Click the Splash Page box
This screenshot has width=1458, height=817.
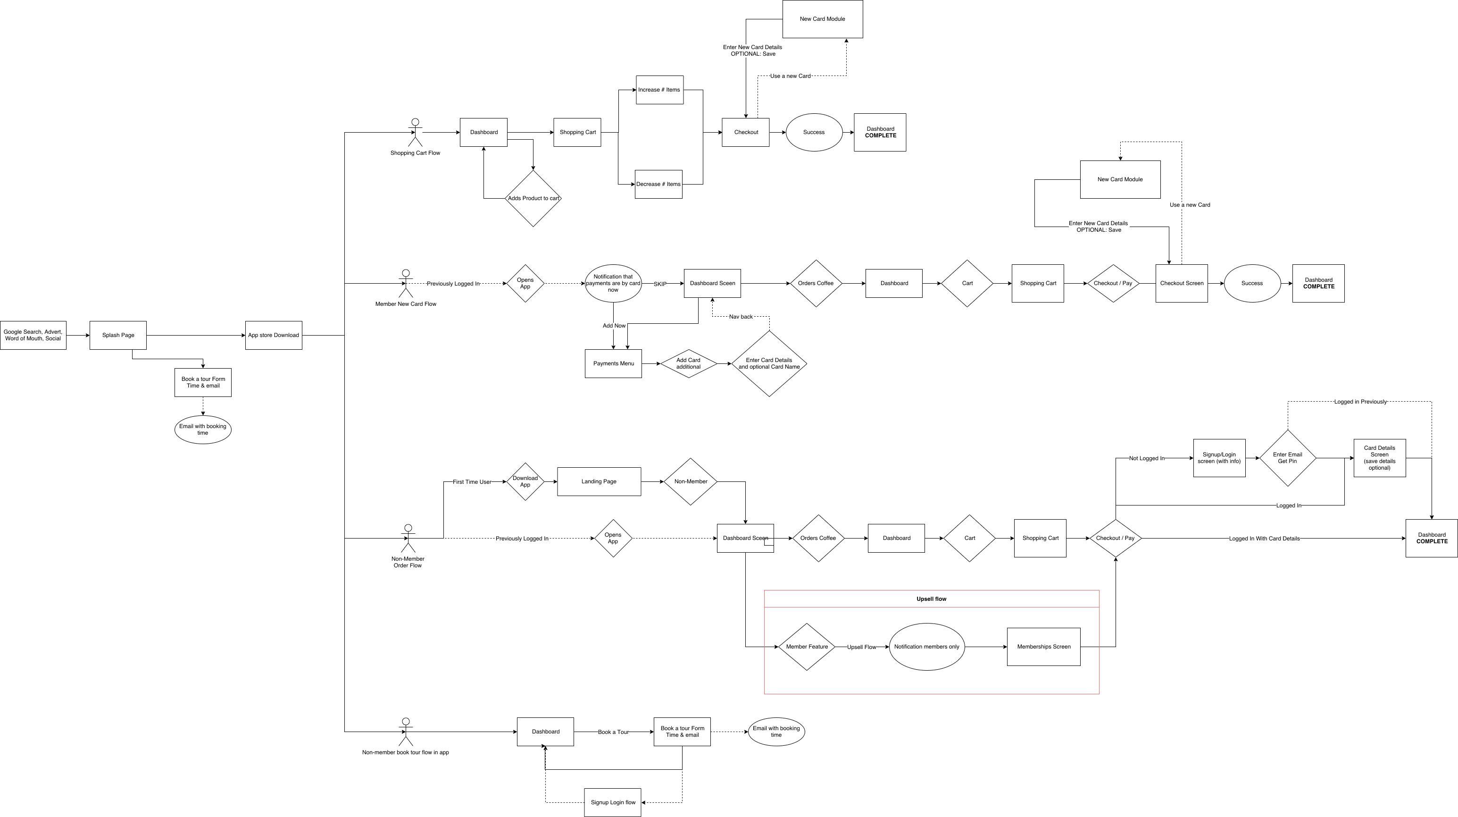click(118, 335)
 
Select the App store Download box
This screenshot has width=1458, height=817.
click(274, 335)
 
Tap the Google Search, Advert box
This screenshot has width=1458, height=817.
click(33, 335)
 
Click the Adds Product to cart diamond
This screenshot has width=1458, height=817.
click(533, 198)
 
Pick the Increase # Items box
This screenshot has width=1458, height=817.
click(659, 90)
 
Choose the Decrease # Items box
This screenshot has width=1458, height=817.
click(658, 184)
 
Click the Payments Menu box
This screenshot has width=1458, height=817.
click(613, 363)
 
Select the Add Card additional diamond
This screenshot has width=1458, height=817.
click(688, 363)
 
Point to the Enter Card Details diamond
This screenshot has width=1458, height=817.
click(768, 363)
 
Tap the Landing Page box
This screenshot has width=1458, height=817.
click(599, 481)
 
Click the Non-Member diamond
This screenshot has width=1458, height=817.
click(691, 481)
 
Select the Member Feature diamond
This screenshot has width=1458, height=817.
click(807, 647)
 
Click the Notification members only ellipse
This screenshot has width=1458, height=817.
click(926, 647)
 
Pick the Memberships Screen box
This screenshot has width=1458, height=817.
click(1043, 647)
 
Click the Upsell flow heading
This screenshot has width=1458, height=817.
click(931, 599)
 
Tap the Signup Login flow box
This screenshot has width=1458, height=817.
click(612, 802)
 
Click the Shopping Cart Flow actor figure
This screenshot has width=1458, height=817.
click(416, 133)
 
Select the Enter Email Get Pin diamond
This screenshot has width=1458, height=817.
click(1287, 457)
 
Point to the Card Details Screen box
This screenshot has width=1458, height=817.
click(1379, 457)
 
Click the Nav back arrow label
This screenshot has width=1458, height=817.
click(740, 317)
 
